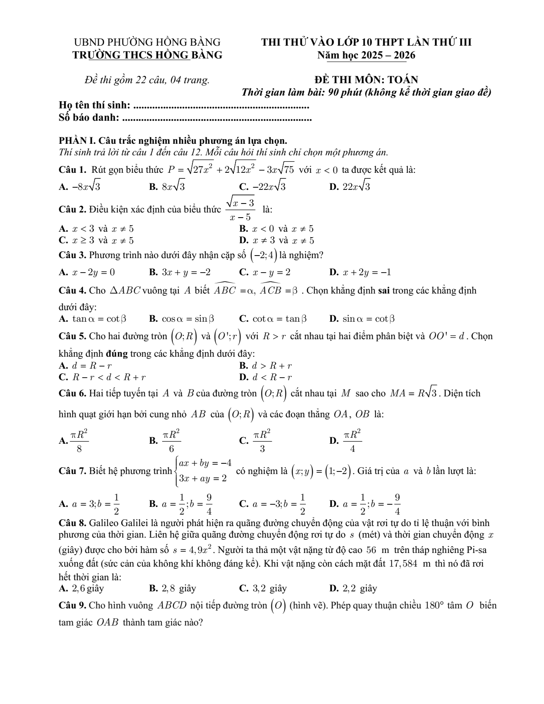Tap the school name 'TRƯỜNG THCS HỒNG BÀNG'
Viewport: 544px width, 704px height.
pos(147,55)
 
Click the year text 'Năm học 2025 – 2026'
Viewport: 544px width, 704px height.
pos(366,55)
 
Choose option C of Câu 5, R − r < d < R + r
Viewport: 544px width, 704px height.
pos(109,377)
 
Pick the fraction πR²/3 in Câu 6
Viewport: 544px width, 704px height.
pos(262,440)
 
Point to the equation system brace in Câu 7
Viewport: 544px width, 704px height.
pos(176,471)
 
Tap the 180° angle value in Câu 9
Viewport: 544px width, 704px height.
pos(434,605)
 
